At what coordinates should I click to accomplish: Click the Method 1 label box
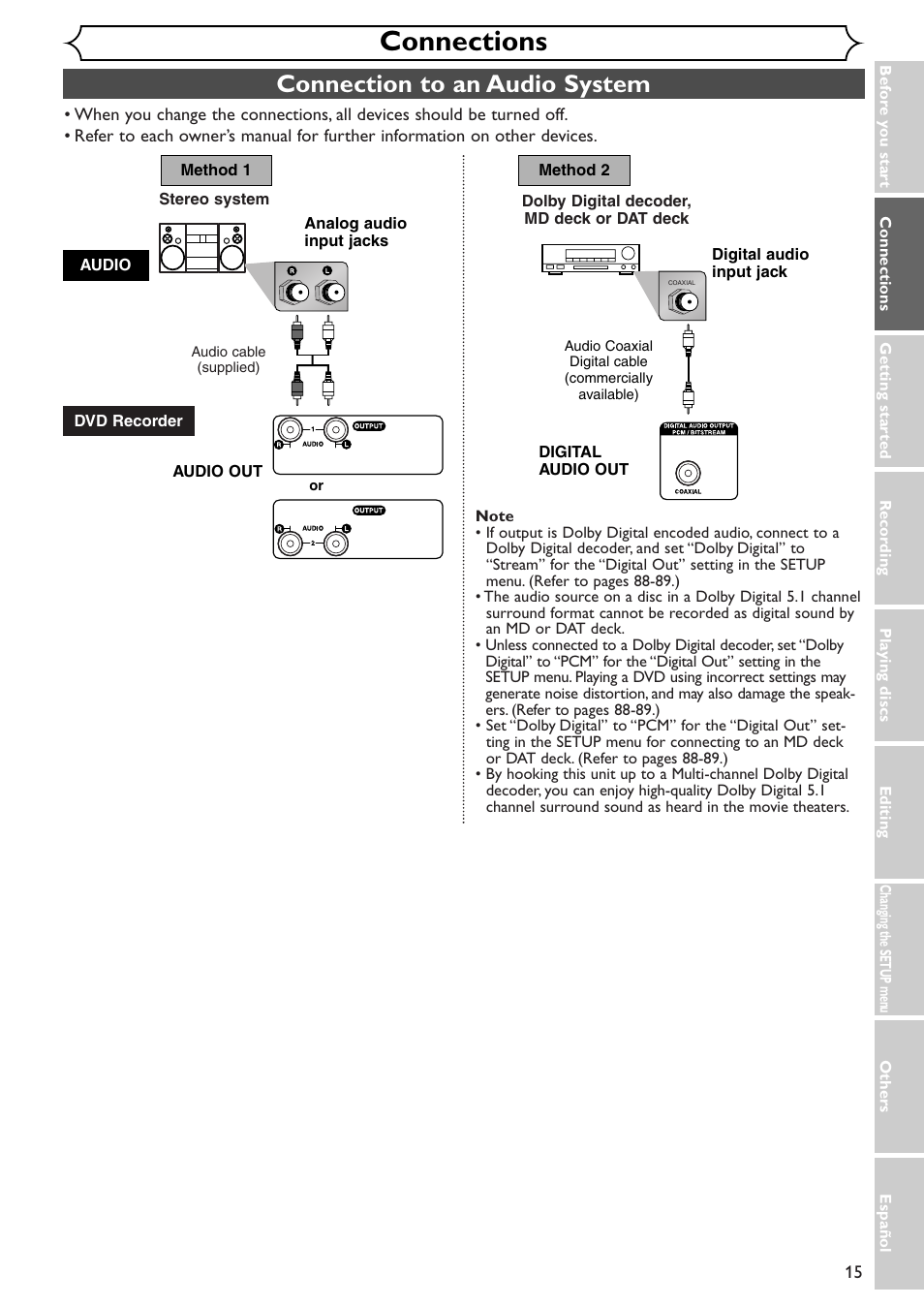(216, 171)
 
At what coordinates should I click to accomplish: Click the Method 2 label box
(574, 171)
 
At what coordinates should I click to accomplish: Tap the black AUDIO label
(106, 265)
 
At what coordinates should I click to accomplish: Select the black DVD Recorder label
(129, 421)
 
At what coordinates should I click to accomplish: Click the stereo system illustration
(202, 248)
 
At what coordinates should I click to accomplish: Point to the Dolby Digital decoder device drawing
(590, 258)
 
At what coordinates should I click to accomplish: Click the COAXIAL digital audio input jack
(685, 301)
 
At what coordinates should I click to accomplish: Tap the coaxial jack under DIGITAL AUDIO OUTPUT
(688, 473)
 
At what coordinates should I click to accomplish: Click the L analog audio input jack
(330, 291)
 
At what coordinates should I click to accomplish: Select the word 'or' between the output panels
(316, 485)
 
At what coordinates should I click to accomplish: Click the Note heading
(495, 516)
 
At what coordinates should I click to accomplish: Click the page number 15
(852, 1272)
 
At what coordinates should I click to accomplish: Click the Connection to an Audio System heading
(463, 84)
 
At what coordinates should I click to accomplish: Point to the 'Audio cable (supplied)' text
(229, 359)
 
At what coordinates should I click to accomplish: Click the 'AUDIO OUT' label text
(218, 472)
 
